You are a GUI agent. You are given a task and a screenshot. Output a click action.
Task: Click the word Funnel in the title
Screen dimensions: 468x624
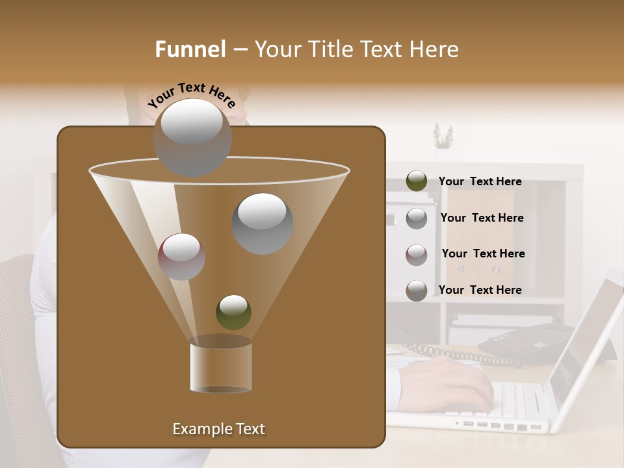click(190, 49)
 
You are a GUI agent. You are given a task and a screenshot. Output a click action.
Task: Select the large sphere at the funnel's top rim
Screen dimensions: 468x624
click(192, 137)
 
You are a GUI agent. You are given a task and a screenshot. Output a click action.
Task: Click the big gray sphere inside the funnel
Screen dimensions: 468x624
click(262, 223)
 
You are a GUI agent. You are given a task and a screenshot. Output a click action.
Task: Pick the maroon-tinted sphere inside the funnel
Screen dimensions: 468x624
click(181, 256)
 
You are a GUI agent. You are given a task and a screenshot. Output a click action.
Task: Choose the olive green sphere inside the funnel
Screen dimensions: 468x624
click(233, 312)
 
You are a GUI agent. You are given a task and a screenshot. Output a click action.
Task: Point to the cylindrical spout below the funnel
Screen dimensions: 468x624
click(220, 367)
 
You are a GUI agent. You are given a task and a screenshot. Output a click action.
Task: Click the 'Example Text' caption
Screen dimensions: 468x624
click(218, 429)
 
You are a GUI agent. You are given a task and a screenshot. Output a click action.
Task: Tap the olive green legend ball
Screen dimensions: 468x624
click(417, 181)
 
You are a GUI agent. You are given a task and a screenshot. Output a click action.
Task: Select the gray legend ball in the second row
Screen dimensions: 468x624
click(417, 218)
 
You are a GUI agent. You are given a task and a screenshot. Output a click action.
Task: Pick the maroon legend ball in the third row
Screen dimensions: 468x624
click(417, 254)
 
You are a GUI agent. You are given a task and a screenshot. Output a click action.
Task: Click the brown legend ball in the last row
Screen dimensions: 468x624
click(417, 290)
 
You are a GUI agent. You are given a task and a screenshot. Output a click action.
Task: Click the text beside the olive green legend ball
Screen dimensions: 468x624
click(480, 181)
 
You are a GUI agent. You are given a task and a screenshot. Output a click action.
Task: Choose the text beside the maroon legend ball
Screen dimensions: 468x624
click(483, 253)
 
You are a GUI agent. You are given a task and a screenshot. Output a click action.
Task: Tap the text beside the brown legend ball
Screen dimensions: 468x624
click(480, 290)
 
